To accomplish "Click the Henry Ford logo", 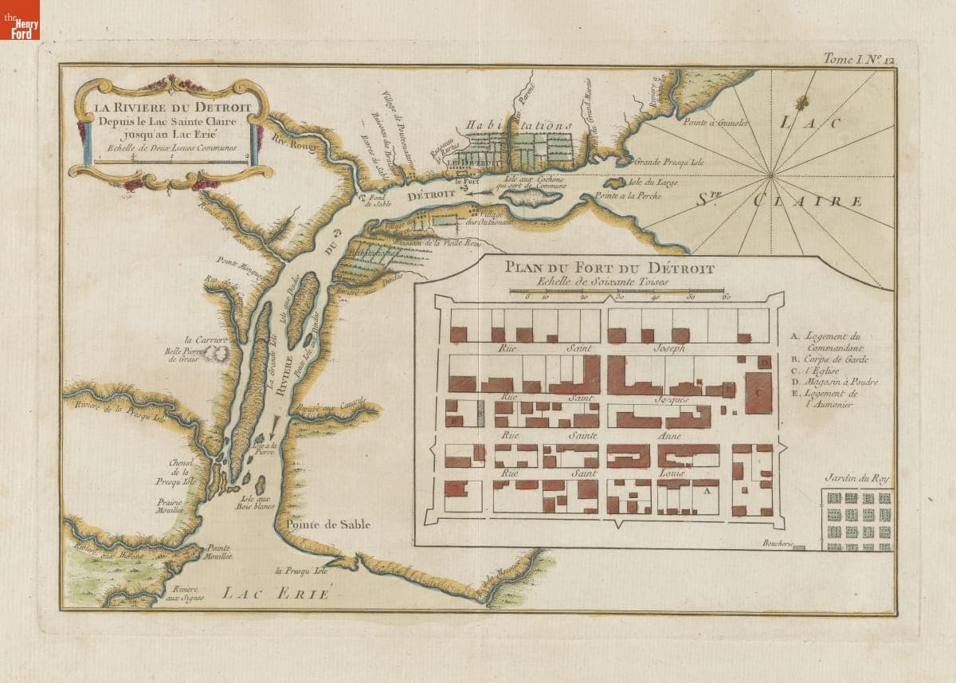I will pyautogui.click(x=19, y=20).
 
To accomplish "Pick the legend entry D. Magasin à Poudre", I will pyautogui.click(x=833, y=382).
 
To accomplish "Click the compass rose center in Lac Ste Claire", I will pyautogui.click(x=770, y=174).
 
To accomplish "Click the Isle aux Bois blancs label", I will pyautogui.click(x=256, y=504).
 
